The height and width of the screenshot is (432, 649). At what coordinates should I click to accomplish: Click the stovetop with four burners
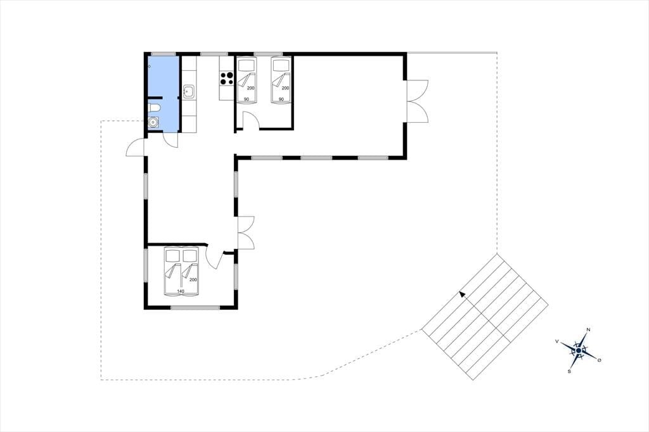[x=227, y=78]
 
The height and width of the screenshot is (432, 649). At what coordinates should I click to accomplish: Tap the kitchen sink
[x=189, y=91]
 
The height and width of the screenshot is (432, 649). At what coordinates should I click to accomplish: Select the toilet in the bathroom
[x=154, y=108]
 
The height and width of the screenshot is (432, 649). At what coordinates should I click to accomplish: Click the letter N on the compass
[x=588, y=330]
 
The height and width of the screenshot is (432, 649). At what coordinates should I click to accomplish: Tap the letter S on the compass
[x=570, y=372]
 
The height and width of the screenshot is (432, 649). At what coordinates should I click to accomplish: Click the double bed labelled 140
[x=182, y=272]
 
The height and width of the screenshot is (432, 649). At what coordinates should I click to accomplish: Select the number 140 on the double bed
[x=181, y=291]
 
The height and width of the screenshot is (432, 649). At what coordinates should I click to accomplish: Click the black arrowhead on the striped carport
[x=463, y=295]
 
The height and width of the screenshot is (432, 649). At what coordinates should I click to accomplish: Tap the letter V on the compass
[x=557, y=341]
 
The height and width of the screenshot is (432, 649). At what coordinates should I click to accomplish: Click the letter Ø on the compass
[x=600, y=360]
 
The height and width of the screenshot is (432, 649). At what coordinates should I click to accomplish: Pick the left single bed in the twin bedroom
[x=247, y=79]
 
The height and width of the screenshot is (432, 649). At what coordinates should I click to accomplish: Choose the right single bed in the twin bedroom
[x=281, y=79]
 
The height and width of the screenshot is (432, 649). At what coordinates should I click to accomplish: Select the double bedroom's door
[x=216, y=257]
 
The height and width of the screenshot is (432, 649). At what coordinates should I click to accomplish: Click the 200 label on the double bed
[x=193, y=280]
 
